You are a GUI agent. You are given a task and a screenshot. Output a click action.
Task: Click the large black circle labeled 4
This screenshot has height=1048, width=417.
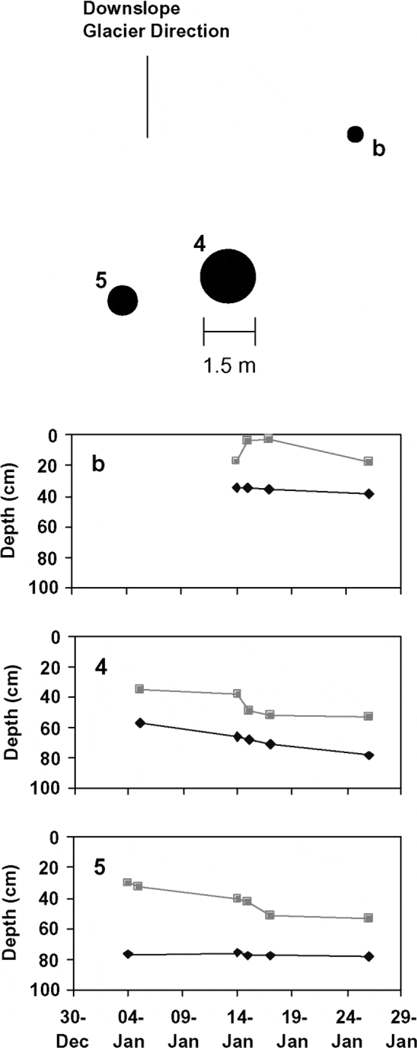point(228,276)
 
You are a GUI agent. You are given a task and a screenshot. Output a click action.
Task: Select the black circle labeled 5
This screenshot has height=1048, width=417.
point(122,300)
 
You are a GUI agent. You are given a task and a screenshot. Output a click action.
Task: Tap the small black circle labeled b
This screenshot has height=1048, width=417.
point(355,134)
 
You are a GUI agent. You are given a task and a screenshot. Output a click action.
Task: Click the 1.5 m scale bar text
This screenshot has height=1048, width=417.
point(229,365)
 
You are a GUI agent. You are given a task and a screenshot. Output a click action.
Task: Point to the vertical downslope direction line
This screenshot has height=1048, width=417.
point(147,97)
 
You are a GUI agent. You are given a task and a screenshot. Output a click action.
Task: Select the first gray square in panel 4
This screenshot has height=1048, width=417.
point(139,689)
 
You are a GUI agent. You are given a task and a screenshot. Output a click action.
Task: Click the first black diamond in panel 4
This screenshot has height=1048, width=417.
point(140,723)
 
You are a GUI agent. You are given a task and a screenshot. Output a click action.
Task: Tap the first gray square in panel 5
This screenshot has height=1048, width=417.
point(127,882)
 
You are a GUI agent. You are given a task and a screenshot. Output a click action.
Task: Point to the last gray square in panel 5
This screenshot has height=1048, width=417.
point(368,918)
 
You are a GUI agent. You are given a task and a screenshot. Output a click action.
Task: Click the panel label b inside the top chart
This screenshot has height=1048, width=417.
point(98,464)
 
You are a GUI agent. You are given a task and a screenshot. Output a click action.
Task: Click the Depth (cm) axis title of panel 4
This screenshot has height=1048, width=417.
point(11,712)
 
